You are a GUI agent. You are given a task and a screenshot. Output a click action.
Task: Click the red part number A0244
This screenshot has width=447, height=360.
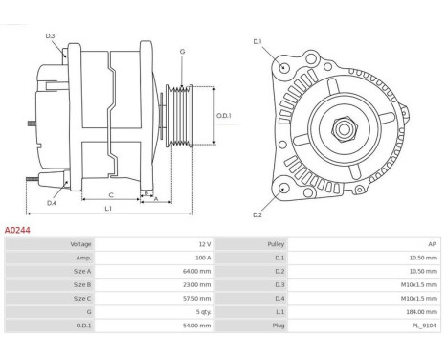17,230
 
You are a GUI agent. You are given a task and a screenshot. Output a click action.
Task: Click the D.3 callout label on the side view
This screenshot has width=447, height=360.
50,36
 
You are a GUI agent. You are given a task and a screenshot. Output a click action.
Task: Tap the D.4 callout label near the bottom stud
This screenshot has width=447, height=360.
52,203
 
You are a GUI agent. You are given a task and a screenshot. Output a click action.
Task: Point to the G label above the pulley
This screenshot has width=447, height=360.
182,52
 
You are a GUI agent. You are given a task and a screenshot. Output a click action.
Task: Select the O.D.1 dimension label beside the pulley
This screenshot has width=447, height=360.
224,116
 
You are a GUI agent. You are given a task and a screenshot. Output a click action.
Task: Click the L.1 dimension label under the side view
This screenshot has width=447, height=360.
108,208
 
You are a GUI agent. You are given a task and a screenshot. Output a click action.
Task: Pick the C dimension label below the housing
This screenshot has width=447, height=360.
111,195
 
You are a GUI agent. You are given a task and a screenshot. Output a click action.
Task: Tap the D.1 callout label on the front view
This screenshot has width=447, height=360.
257,41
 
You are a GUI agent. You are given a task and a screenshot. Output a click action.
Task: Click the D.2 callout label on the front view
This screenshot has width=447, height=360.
257,214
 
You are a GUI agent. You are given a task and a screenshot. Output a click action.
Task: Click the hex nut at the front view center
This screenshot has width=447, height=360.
344,129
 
